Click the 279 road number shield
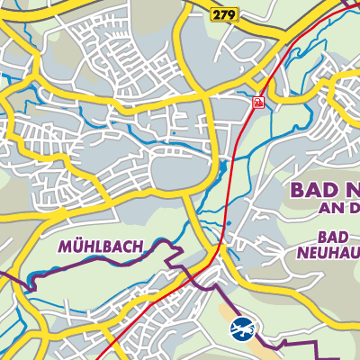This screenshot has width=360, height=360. [x=223, y=13]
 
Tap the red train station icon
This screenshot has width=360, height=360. [x=258, y=103]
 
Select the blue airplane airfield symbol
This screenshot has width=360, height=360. [x=241, y=328]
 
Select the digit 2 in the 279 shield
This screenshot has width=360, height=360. [x=217, y=13]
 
